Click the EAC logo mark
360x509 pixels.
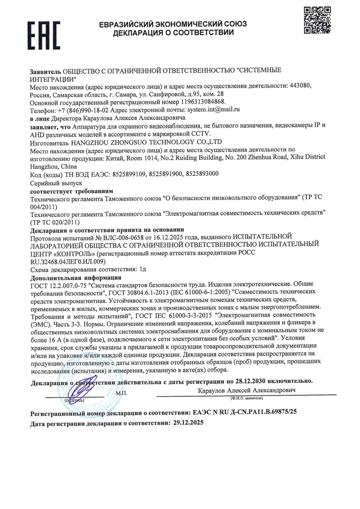(43, 35)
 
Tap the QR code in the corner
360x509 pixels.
(317, 20)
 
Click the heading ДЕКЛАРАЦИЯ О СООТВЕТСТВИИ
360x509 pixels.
(173, 33)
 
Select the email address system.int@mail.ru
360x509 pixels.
(213, 110)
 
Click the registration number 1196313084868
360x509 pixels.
(203, 101)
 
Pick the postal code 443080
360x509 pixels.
(300, 86)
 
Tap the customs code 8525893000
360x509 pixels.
(202, 174)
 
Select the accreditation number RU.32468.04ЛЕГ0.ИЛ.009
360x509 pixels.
(68, 262)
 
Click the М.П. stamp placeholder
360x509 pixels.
(121, 394)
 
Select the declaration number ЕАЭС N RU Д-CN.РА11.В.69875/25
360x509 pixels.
(245, 412)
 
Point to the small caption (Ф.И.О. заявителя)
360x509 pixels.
(246, 398)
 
